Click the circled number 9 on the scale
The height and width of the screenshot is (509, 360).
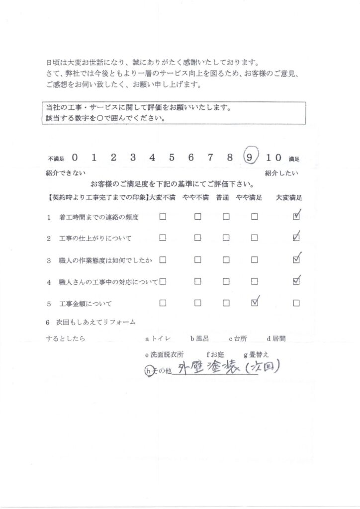tap(250, 158)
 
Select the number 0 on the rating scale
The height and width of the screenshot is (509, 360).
tap(75, 158)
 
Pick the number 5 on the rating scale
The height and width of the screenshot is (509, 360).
tap(172, 158)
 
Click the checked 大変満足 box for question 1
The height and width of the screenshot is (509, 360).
tap(296, 216)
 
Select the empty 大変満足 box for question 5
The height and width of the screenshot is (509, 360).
tap(296, 303)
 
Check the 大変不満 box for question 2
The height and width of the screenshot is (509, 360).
tap(162, 238)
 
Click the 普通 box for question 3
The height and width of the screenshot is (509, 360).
tap(226, 259)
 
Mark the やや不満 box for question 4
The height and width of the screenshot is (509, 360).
tap(197, 281)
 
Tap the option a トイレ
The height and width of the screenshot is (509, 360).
tap(158, 339)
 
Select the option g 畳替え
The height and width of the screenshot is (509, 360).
tap(257, 355)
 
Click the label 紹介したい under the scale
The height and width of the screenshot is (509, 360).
tap(281, 173)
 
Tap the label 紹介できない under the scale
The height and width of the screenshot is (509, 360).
tap(66, 173)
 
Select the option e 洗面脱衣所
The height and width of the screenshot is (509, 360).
tap(164, 355)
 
